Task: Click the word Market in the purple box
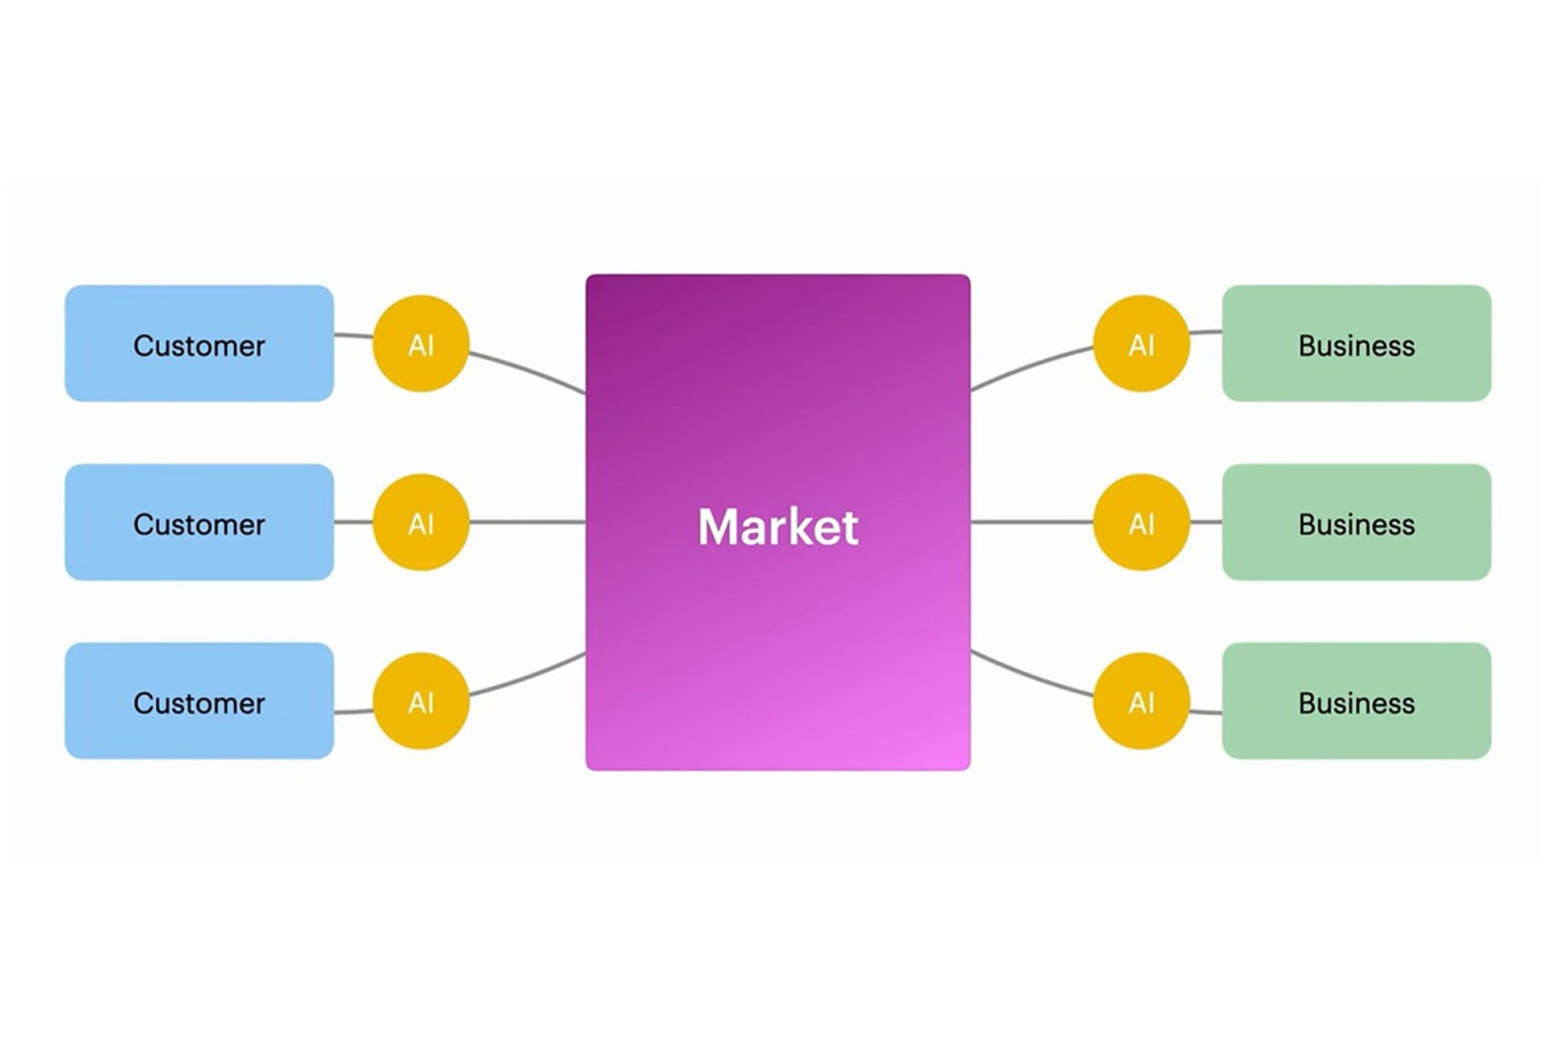777,527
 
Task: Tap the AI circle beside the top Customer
421,344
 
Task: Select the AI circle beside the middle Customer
421,523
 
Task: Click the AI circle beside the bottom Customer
421,701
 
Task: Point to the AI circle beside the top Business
1141,344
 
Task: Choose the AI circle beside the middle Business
1141,523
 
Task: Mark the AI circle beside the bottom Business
1141,701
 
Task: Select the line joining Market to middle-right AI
1031,523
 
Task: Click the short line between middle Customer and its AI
353,523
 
